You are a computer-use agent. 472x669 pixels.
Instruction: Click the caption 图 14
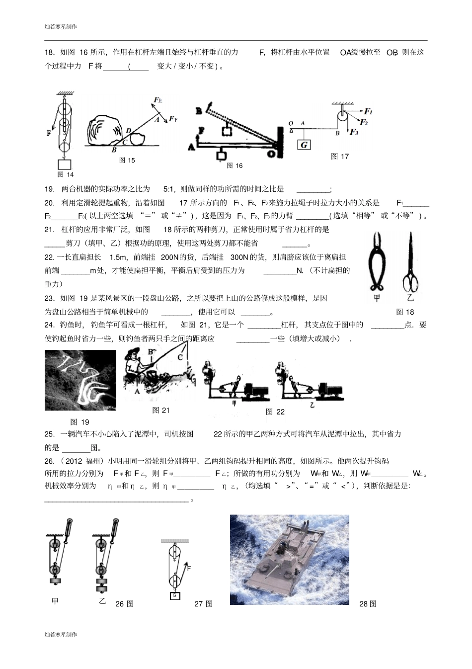(x=65, y=174)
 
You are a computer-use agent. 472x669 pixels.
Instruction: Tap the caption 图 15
(x=127, y=160)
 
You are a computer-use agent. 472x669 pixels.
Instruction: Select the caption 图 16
(x=234, y=166)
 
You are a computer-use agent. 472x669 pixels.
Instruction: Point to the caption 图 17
(x=340, y=156)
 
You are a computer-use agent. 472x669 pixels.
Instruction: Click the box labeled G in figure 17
(x=304, y=145)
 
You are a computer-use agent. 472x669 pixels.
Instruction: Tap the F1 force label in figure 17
(x=368, y=112)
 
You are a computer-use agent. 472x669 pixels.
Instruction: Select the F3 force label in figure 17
(x=354, y=132)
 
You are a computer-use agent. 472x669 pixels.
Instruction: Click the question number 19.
(x=49, y=189)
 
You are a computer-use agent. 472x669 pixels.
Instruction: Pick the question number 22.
(x=49, y=257)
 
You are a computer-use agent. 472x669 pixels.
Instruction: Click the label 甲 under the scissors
(x=376, y=298)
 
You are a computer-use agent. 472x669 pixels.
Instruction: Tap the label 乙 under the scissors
(x=410, y=298)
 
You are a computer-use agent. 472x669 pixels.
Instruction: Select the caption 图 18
(x=404, y=312)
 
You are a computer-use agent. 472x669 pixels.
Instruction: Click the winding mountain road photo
(x=80, y=380)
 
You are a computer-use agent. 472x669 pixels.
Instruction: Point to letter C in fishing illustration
(x=180, y=357)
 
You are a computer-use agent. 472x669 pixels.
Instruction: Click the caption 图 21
(x=161, y=410)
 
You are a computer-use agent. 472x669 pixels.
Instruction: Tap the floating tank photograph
(x=289, y=560)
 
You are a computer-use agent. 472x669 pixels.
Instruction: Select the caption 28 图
(x=368, y=603)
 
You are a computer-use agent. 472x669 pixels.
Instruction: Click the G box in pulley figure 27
(x=174, y=595)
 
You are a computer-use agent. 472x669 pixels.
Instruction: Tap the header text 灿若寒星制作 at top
(x=61, y=26)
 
